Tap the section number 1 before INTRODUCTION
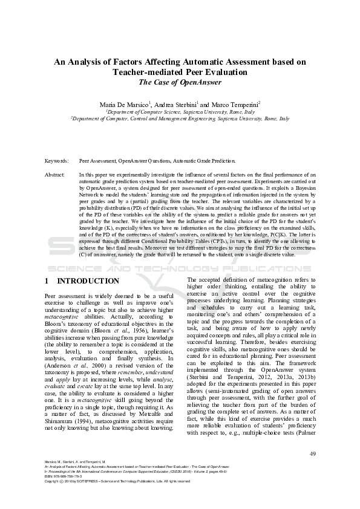pyautogui.click(x=47, y=281)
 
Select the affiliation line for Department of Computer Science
pyautogui.click(x=180, y=112)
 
